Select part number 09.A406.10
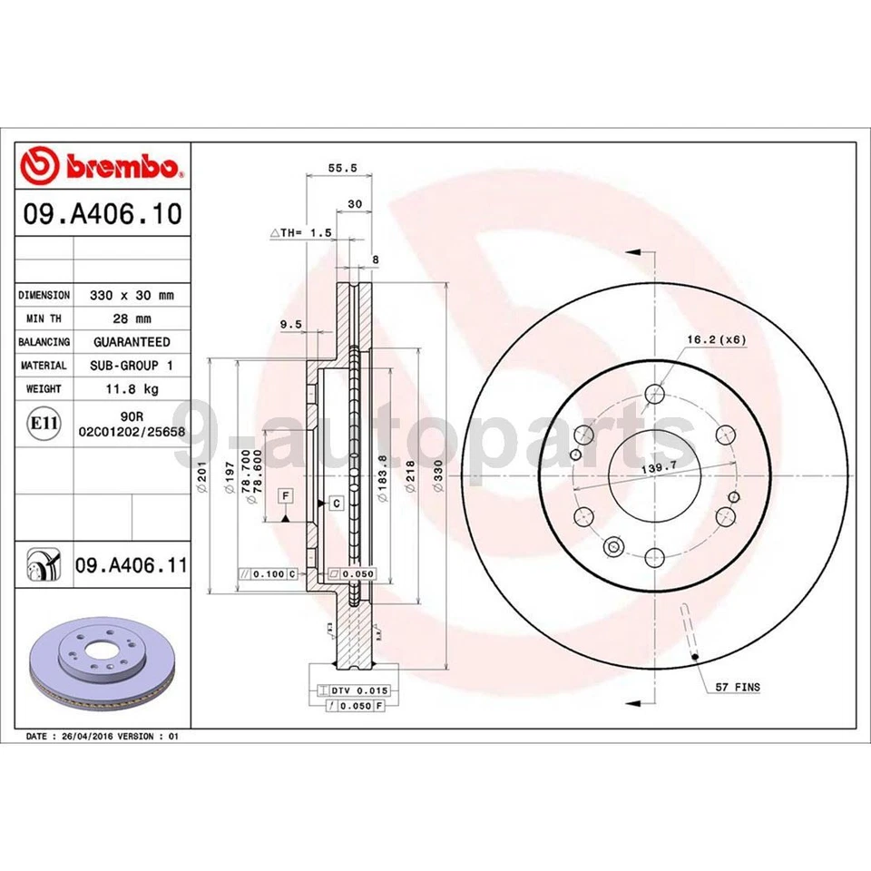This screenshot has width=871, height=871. (x=103, y=214)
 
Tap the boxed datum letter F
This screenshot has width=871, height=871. (x=286, y=494)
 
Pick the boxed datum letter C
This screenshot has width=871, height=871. (x=335, y=503)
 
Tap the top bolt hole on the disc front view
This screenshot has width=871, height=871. (x=652, y=393)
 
